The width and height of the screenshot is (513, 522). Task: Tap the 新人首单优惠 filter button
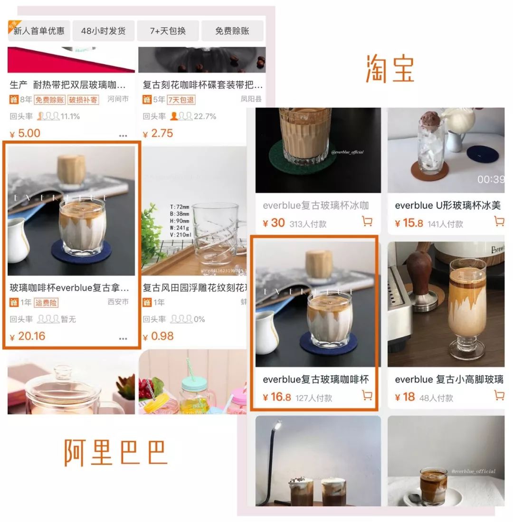(39, 31)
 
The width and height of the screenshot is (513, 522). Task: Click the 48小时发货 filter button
(103, 31)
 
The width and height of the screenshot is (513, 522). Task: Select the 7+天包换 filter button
(168, 31)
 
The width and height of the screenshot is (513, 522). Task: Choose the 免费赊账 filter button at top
(232, 31)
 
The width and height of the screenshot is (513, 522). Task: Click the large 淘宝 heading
(390, 69)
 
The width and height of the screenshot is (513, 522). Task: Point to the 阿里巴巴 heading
(116, 452)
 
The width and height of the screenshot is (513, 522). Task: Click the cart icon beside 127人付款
(367, 395)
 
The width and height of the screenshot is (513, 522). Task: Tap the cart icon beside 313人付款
(367, 221)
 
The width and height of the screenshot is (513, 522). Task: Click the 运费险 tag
(46, 303)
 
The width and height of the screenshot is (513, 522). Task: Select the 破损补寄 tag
(83, 100)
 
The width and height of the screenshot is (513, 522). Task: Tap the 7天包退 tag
(181, 100)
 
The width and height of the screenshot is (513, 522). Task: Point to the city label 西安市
(118, 302)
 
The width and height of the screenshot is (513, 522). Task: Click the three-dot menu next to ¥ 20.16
(123, 339)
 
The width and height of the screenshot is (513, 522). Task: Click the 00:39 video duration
(490, 180)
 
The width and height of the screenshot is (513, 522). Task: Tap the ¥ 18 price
(405, 397)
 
